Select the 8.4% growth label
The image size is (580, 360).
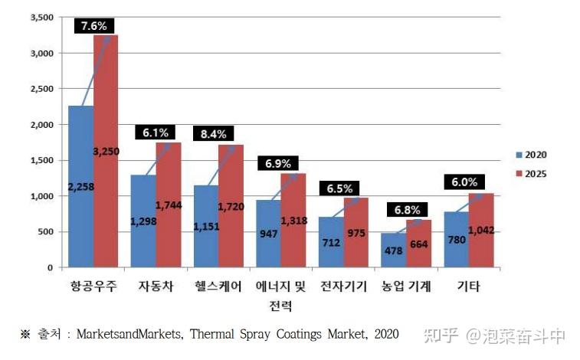(x=213, y=134)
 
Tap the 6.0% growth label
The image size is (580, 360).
(x=465, y=182)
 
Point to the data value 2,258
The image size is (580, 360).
(x=80, y=187)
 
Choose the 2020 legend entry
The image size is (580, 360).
(x=528, y=155)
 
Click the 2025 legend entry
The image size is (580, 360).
(x=528, y=174)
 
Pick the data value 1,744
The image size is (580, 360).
(x=169, y=205)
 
